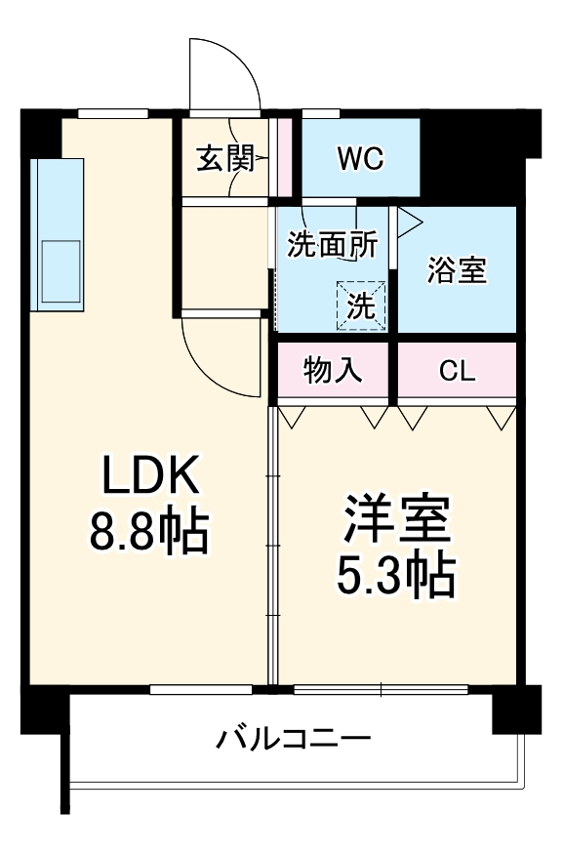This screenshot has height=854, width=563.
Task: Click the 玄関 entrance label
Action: (x=225, y=158)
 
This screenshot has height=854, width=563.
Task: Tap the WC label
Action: (x=360, y=157)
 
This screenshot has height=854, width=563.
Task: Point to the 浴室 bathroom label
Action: (x=456, y=270)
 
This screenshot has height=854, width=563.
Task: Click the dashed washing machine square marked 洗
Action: (x=361, y=306)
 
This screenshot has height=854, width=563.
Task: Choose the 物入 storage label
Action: (x=334, y=371)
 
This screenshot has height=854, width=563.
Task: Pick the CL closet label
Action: (x=456, y=371)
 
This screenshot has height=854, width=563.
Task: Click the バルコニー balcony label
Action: (x=293, y=738)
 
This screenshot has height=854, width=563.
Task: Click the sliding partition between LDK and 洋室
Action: (x=272, y=547)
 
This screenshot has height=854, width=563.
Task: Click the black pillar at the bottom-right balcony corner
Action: (x=515, y=710)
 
